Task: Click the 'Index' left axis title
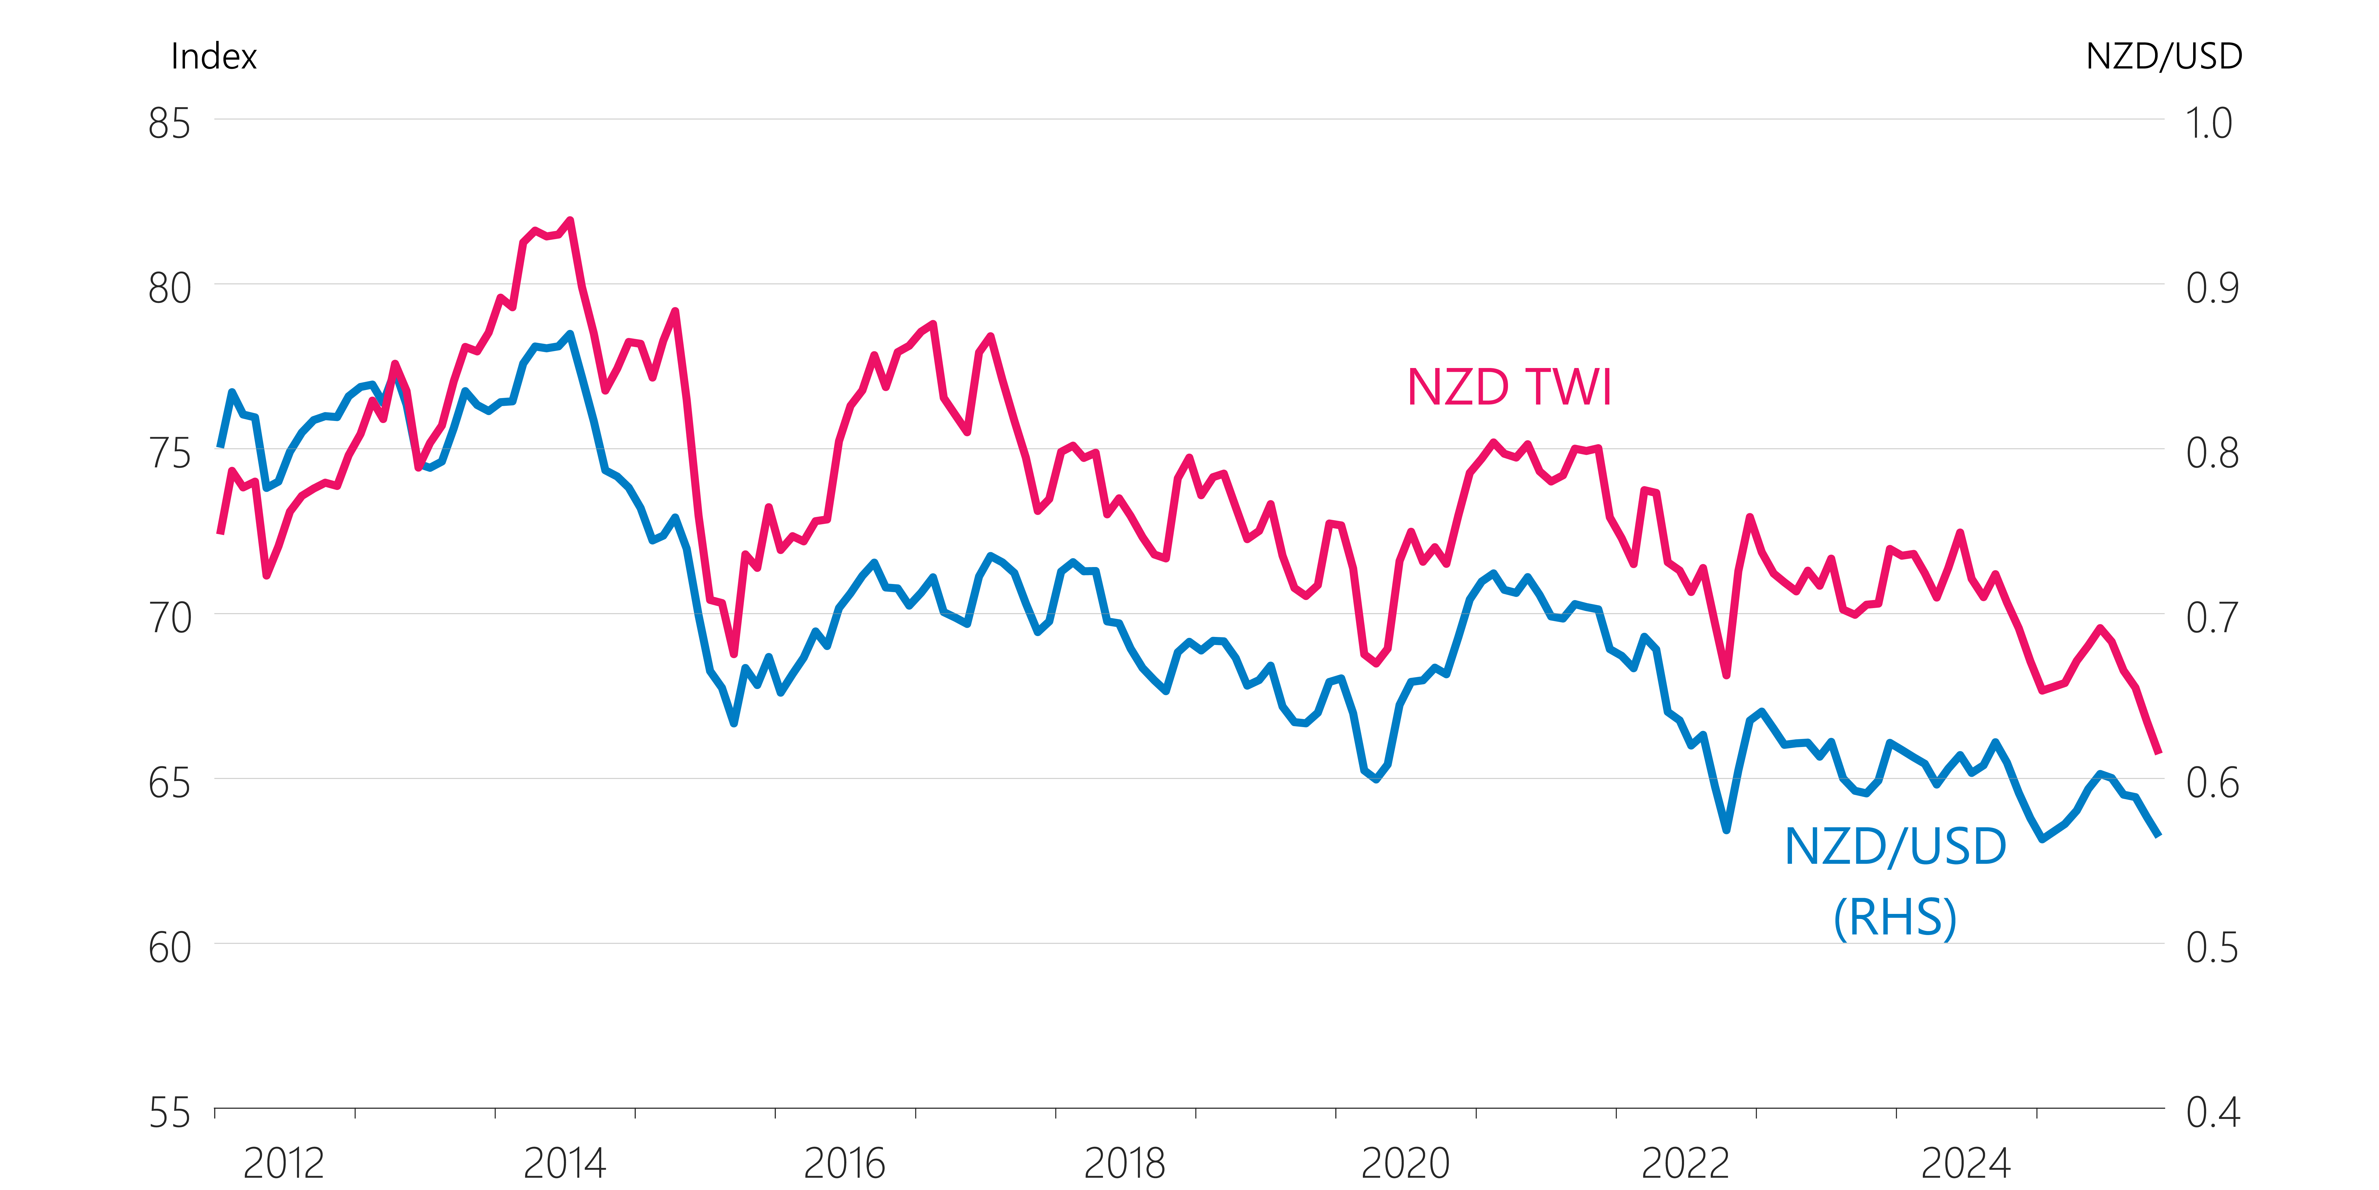coord(213,56)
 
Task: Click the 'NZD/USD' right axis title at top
coord(2164,56)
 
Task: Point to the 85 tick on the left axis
coord(170,124)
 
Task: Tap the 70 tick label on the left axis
coord(170,618)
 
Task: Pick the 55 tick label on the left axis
coord(170,1113)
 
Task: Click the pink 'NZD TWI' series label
coord(1509,387)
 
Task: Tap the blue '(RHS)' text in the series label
coord(1895,917)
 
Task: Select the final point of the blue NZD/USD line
coord(2158,834)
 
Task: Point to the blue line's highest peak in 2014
coord(570,334)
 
